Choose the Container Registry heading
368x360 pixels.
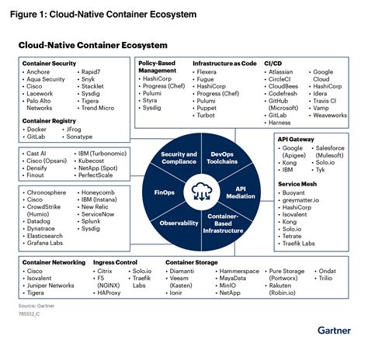point(48,121)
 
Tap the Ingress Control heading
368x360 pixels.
point(115,263)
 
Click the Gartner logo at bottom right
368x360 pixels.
point(335,331)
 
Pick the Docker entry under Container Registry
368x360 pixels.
point(36,129)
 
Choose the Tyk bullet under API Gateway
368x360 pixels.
point(321,168)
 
